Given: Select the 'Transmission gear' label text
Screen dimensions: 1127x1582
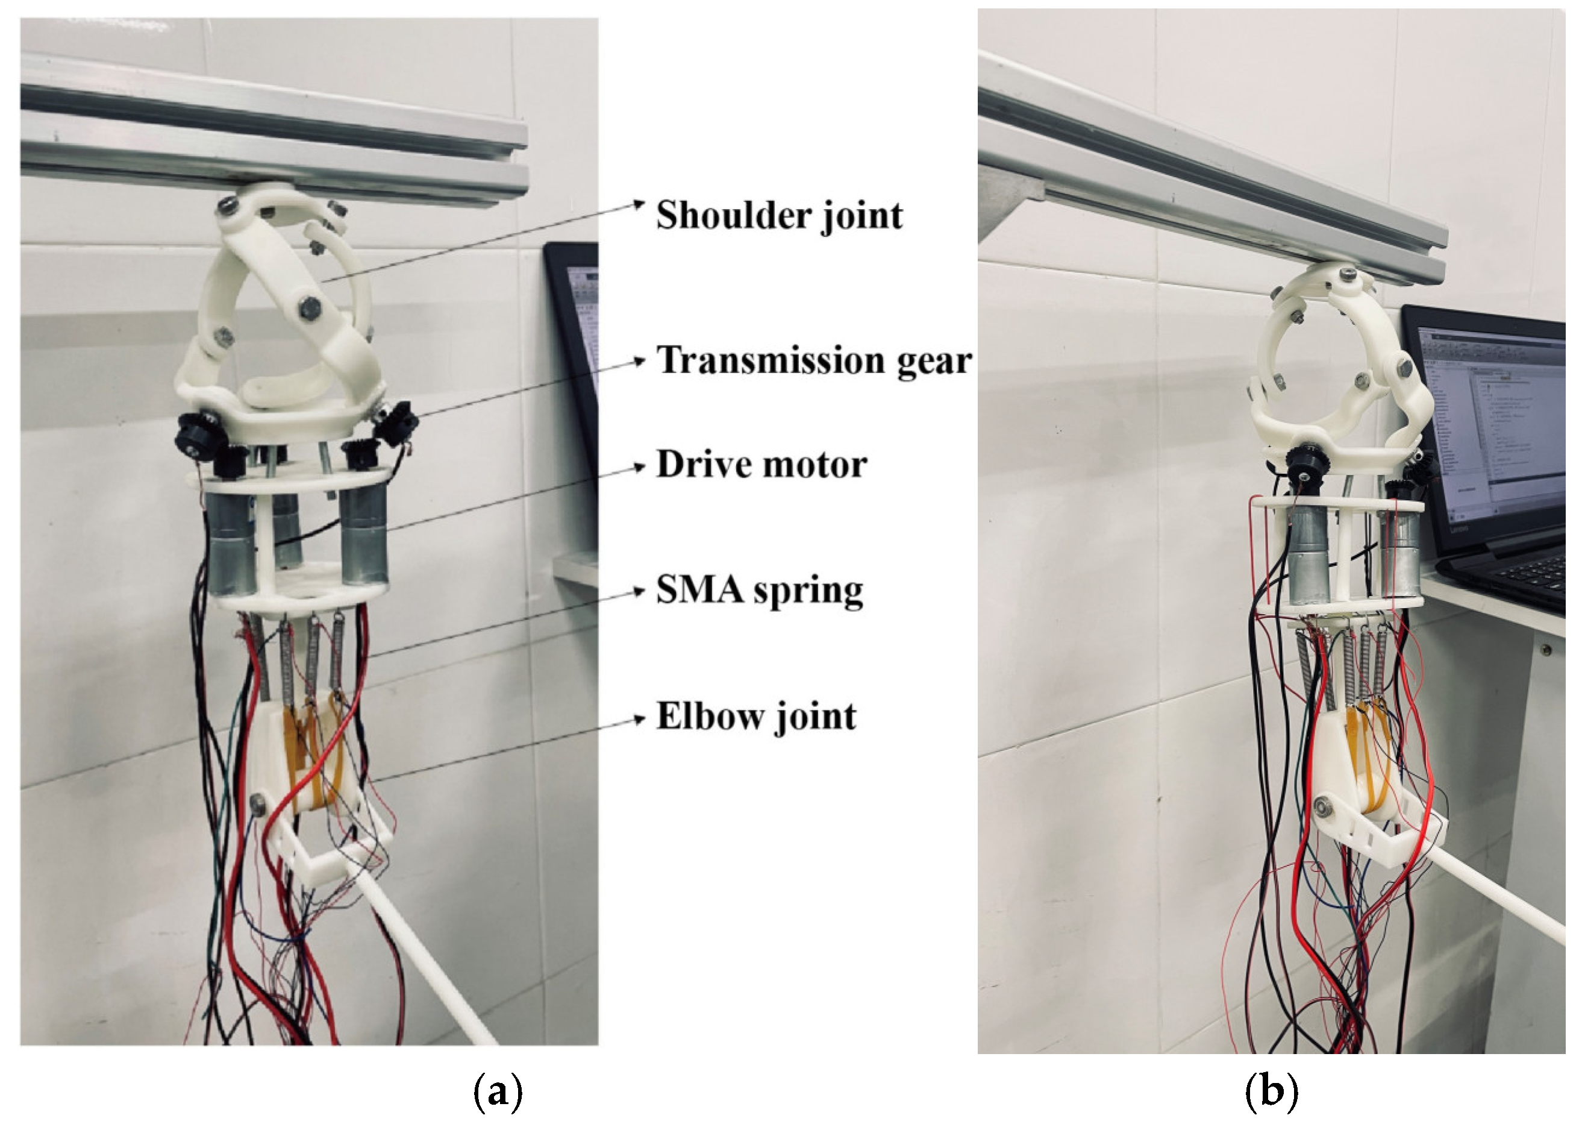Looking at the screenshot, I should click(814, 361).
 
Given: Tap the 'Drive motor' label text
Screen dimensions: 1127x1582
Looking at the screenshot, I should click(761, 464).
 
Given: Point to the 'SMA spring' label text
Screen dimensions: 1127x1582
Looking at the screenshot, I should click(760, 591).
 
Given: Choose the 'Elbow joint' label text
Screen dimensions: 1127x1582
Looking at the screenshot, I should click(756, 716).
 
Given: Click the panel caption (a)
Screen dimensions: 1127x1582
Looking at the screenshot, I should click(497, 1093).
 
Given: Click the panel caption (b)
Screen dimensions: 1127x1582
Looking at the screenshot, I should click(1271, 1093).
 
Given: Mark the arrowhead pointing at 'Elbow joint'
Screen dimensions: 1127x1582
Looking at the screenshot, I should click(639, 720).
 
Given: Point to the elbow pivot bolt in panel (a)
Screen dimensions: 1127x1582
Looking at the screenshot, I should click(261, 803).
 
